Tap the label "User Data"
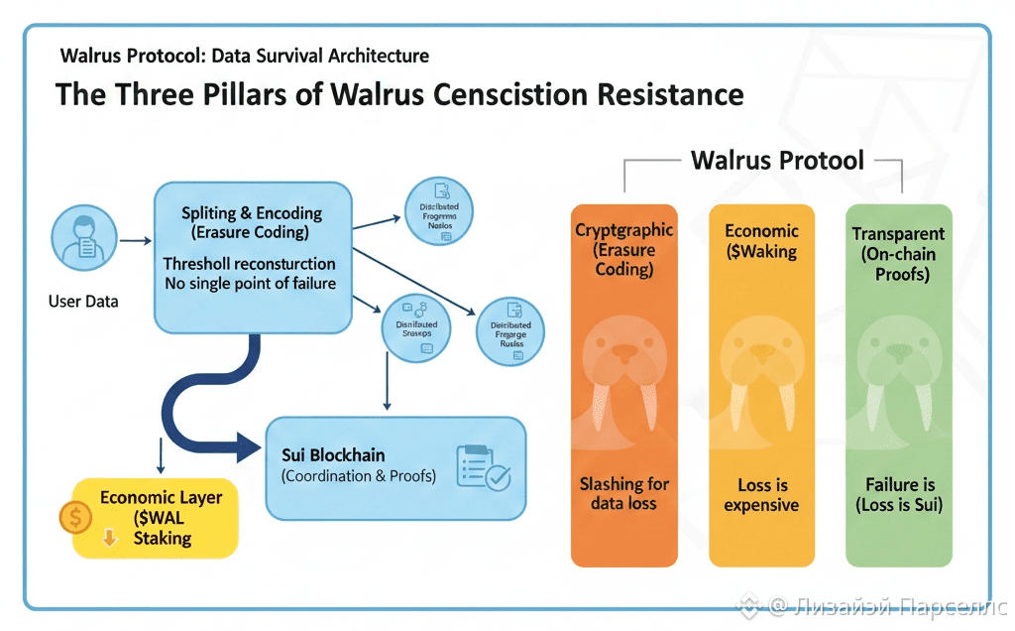(83, 301)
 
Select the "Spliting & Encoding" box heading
(252, 213)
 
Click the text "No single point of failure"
(250, 284)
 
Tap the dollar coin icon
(75, 515)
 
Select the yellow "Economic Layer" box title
(161, 498)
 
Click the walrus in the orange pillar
(623, 367)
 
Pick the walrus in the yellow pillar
(761, 367)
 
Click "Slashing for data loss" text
(623, 493)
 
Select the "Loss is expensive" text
(761, 495)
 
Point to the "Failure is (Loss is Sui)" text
(898, 495)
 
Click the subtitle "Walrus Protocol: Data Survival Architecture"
(244, 56)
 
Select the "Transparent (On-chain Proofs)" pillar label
(898, 253)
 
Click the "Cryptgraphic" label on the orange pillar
(623, 230)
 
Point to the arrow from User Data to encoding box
(135, 240)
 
